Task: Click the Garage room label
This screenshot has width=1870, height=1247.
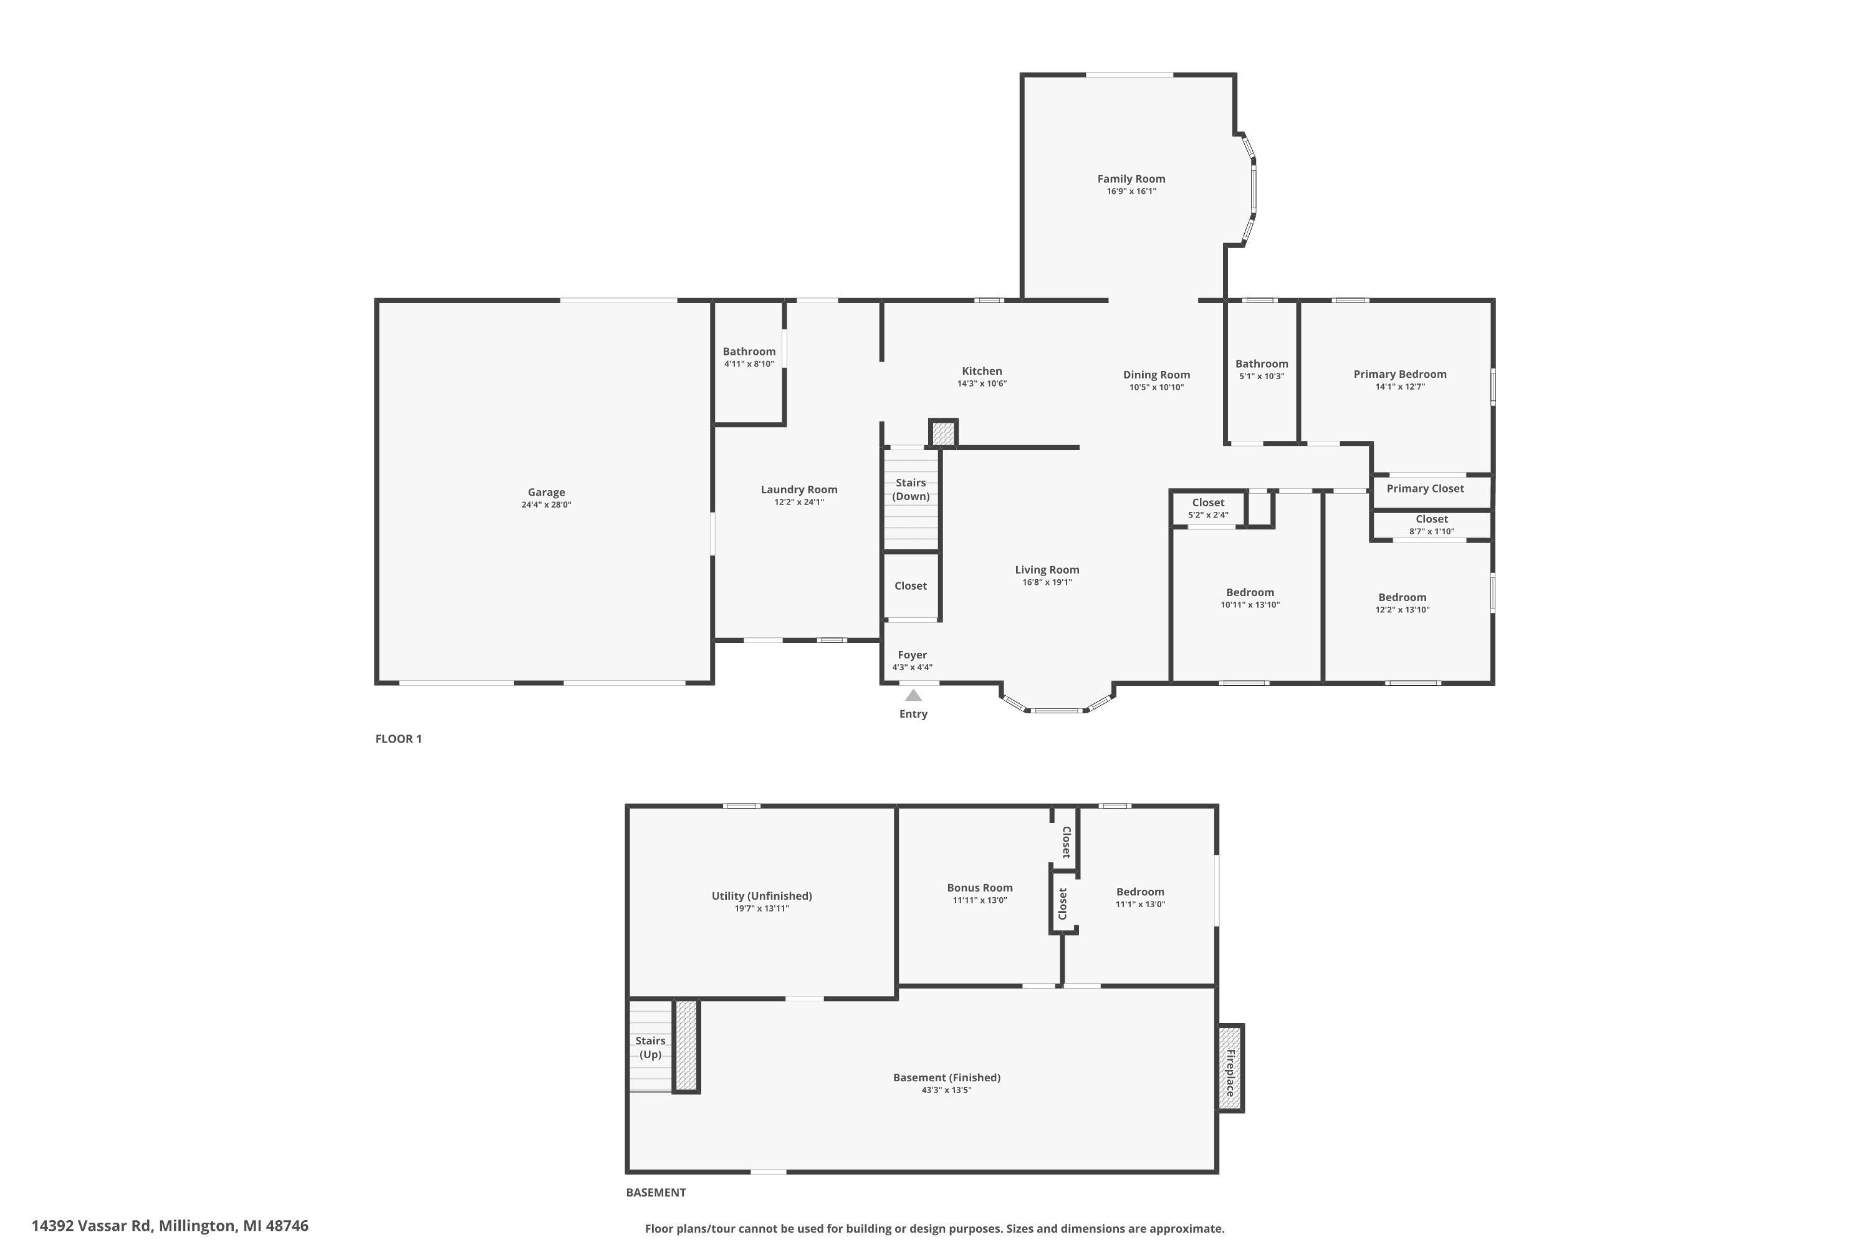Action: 546,493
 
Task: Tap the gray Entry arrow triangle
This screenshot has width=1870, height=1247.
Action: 914,695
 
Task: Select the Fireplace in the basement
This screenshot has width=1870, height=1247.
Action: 1230,1068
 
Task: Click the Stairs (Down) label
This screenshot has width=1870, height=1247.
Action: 911,489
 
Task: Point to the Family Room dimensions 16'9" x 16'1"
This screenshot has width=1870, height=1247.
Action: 1131,191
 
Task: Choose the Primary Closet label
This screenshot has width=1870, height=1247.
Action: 1425,488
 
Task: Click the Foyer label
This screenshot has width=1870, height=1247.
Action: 913,655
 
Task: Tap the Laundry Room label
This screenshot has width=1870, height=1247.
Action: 799,489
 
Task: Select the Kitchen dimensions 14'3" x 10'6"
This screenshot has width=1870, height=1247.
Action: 982,384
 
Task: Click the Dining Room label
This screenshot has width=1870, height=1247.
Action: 1157,375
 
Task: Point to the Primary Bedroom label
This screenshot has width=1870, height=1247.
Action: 1400,373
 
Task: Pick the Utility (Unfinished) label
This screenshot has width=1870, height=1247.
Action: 762,895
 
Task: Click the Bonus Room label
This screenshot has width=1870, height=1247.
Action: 979,887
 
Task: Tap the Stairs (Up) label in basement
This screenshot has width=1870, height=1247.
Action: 650,1047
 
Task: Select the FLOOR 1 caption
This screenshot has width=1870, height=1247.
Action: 398,739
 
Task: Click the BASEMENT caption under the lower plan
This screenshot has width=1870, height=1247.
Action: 656,1192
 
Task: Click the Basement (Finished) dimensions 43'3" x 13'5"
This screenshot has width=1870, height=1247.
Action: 946,1091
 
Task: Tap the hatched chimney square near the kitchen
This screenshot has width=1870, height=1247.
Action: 943,433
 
